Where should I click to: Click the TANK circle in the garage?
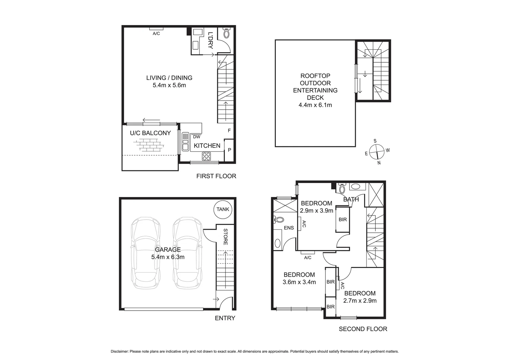click(223, 209)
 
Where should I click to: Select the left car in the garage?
click(146, 253)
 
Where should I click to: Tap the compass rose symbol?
click(377, 152)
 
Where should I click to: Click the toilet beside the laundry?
click(227, 34)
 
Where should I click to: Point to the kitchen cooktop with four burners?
click(206, 156)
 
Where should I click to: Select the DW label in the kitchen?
click(197, 137)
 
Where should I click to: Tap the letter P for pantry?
click(230, 150)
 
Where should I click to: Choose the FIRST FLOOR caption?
click(216, 176)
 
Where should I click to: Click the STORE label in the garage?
click(226, 237)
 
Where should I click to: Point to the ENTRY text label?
click(225, 318)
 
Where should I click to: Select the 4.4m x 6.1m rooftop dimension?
click(315, 105)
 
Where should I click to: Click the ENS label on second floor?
click(289, 228)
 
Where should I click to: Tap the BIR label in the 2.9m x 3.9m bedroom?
click(342, 219)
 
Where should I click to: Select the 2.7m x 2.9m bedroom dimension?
click(360, 300)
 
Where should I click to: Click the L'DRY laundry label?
click(210, 40)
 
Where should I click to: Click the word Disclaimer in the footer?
click(119, 351)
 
